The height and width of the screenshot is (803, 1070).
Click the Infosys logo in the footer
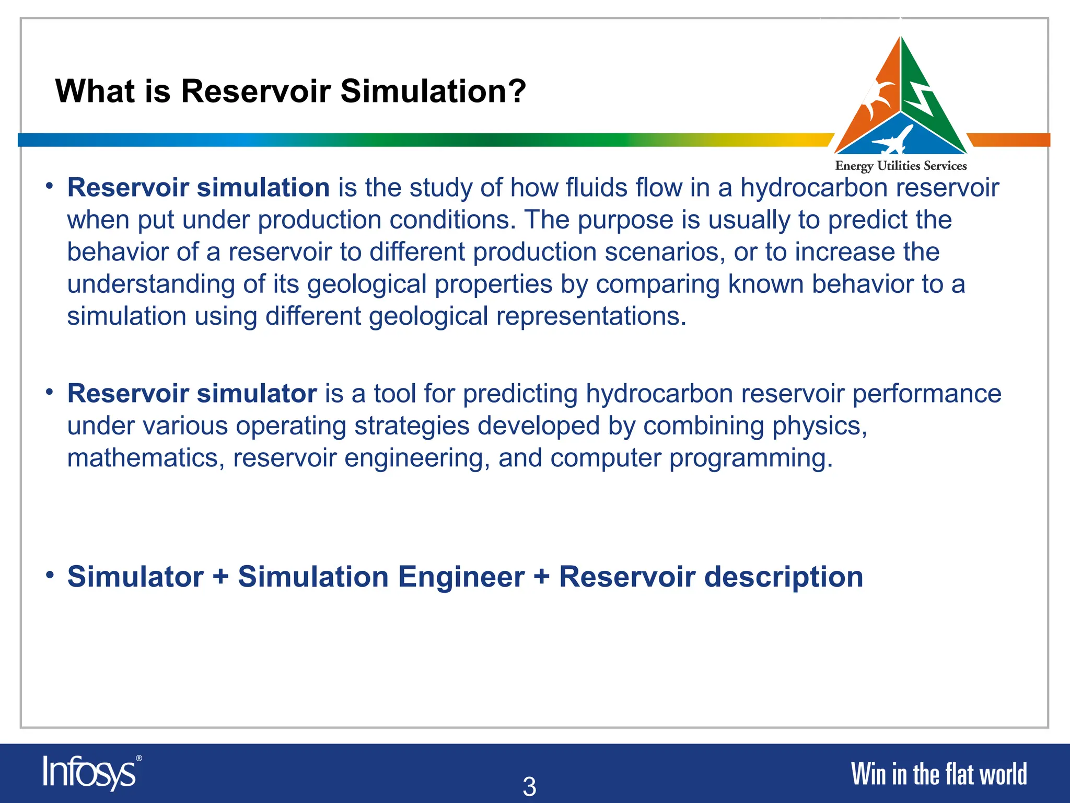(91, 773)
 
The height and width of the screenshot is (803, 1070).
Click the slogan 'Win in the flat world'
(938, 774)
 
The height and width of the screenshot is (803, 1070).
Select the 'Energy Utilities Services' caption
(901, 166)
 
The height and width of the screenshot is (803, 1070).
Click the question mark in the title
(516, 91)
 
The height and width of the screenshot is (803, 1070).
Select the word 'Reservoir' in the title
(255, 91)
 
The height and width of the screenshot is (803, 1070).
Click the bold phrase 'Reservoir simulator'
(192, 394)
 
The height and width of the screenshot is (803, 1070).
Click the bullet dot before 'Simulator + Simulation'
(50, 575)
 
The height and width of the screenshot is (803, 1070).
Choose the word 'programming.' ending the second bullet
(751, 458)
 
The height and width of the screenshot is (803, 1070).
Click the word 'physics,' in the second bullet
(820, 426)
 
